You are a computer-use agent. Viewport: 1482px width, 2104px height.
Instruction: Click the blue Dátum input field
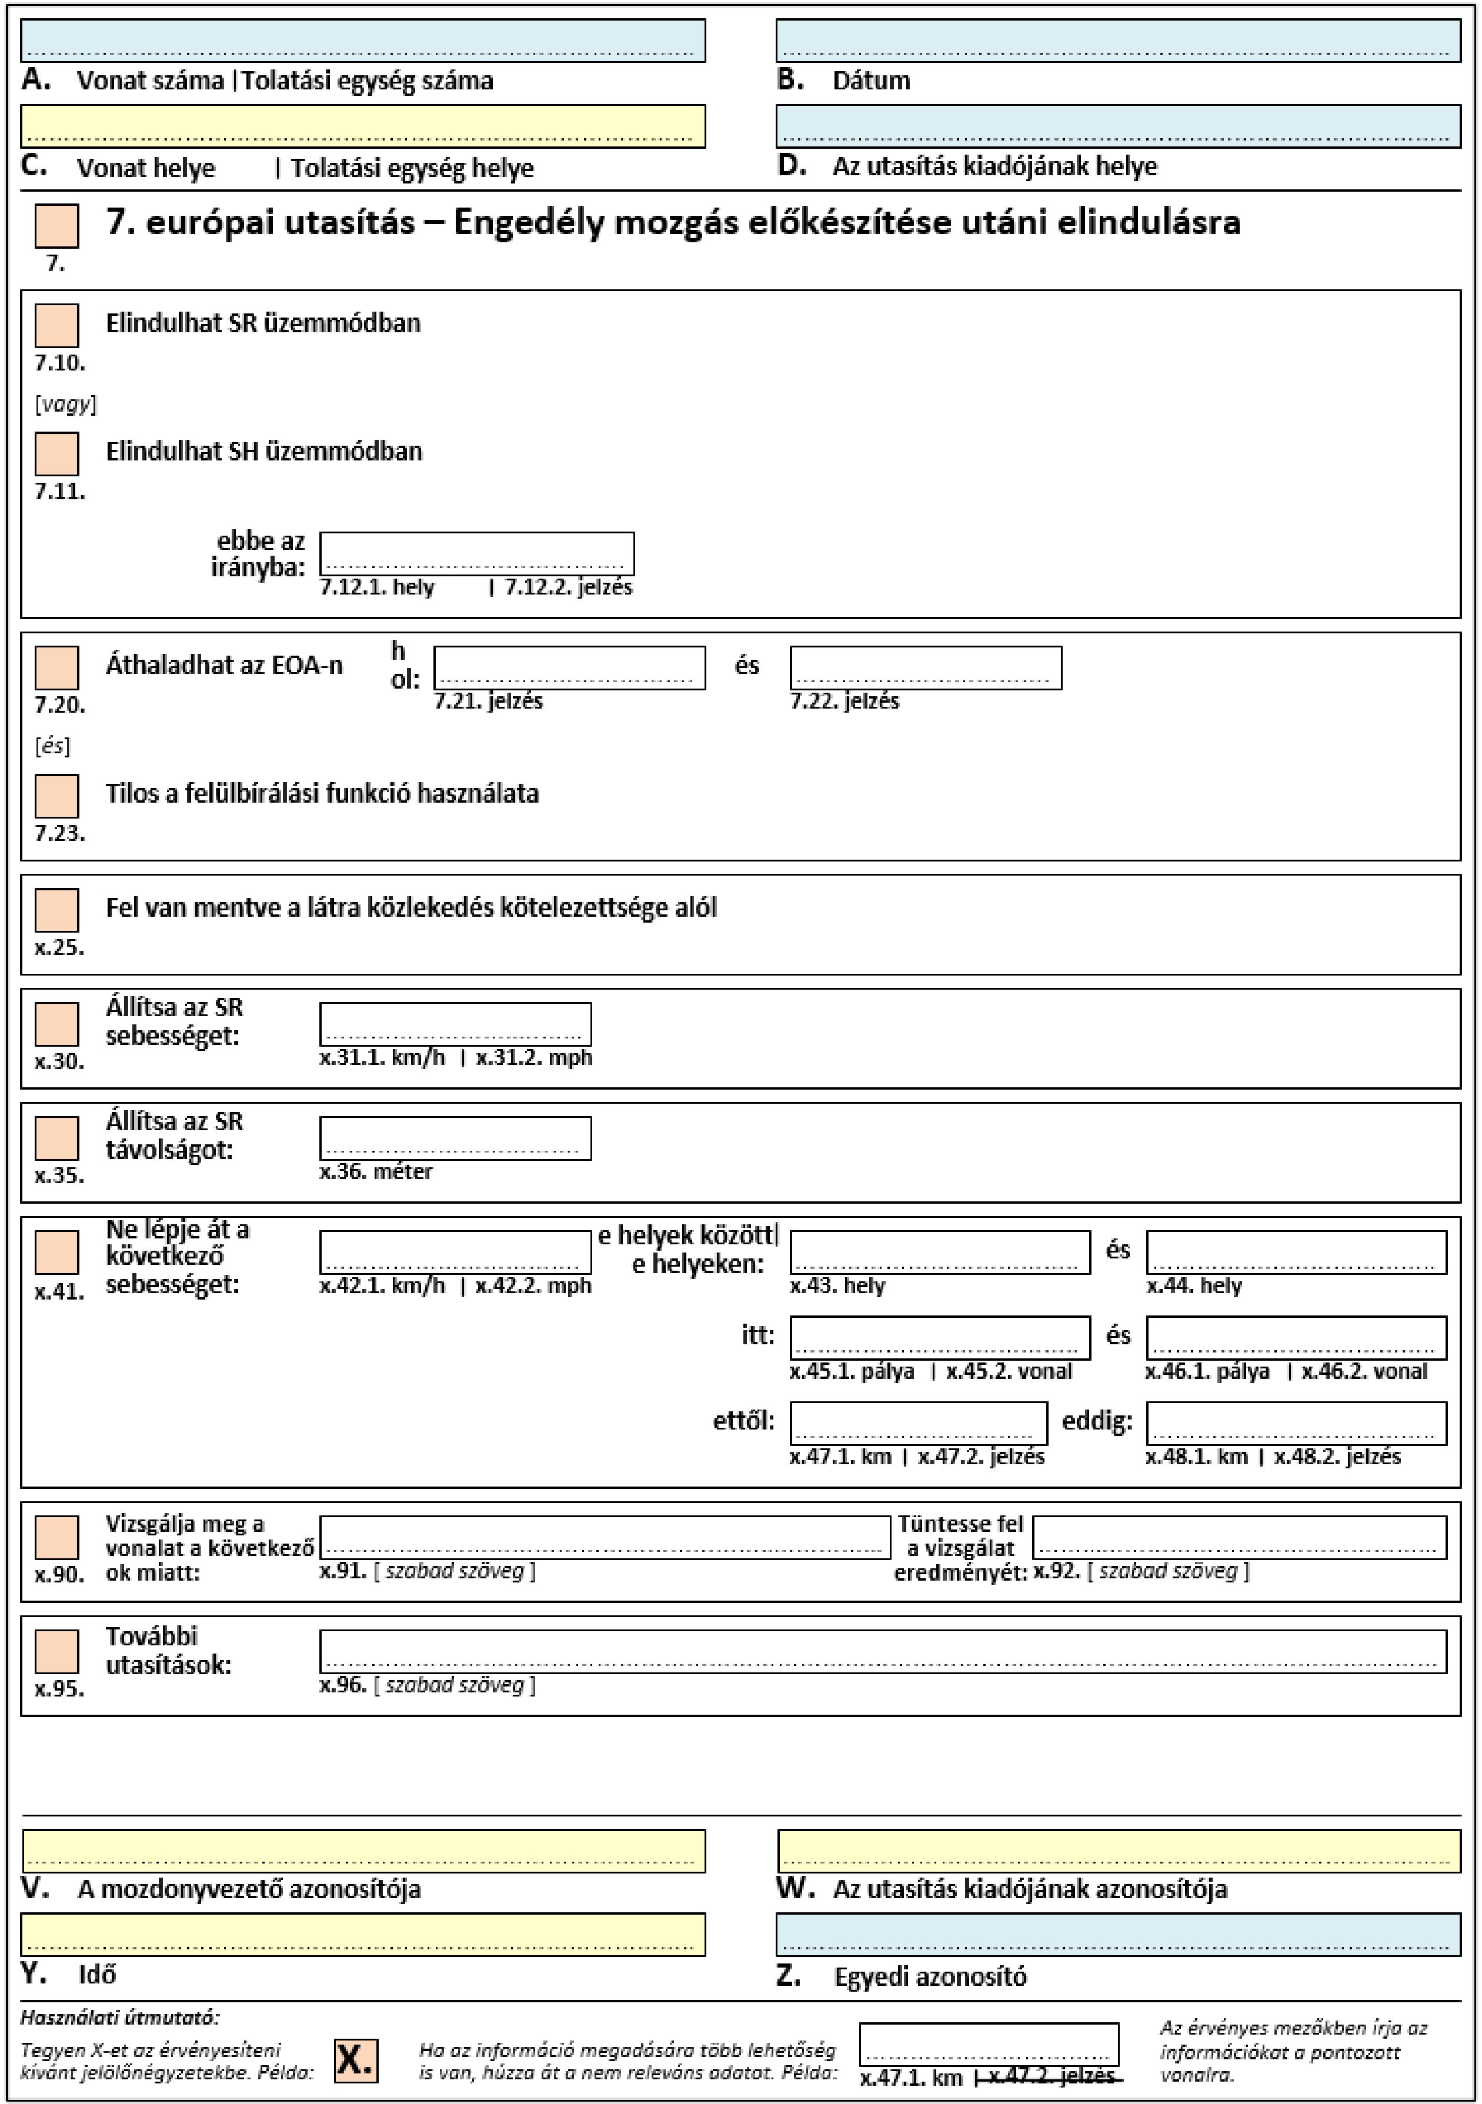1117,41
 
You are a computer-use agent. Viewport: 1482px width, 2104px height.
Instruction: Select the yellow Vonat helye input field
363,126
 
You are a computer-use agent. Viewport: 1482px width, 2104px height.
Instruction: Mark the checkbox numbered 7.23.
57,796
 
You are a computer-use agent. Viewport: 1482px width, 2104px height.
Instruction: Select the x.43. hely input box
939,1252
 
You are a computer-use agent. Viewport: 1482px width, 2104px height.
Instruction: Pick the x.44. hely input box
1296,1252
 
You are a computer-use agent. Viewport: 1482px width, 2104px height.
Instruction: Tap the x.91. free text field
605,1537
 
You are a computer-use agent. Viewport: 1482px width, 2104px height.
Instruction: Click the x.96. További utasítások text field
883,1651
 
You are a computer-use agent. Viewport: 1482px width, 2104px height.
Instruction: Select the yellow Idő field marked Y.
363,1935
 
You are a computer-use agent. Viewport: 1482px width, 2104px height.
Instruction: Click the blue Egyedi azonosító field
1117,1935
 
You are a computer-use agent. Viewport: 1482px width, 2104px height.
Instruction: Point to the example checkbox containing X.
356,2061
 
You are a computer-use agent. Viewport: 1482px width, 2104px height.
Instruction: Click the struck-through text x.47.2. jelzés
1050,2076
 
